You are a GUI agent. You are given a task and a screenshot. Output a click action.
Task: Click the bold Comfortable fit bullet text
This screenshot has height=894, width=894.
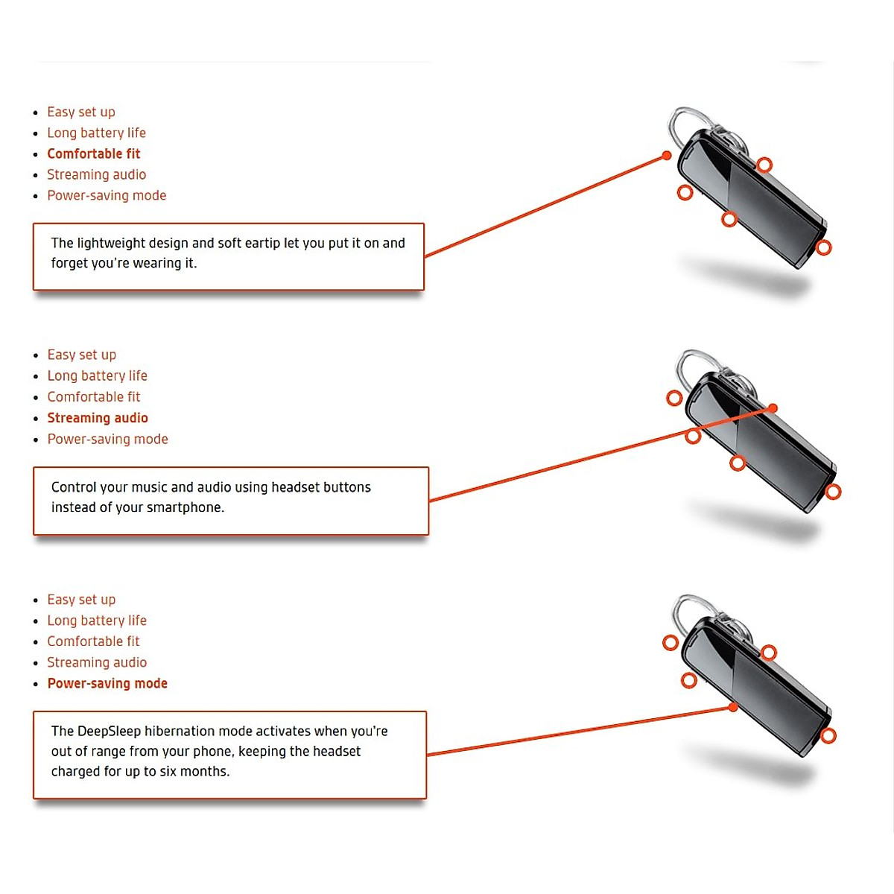tap(93, 153)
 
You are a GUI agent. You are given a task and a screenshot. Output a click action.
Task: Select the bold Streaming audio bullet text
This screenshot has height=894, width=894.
tap(98, 418)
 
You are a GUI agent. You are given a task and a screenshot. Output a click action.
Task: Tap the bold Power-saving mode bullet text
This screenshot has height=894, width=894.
tap(107, 683)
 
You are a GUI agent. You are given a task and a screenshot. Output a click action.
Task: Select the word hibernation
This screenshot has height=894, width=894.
tap(182, 731)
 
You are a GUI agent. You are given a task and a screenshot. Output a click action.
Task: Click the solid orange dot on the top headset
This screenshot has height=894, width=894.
tap(667, 156)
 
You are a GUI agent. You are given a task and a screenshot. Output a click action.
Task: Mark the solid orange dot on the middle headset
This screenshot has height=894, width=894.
tap(773, 408)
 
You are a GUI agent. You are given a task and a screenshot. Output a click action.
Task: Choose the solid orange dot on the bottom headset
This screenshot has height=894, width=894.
tap(733, 707)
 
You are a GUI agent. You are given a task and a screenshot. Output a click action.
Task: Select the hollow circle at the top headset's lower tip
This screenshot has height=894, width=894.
tap(823, 247)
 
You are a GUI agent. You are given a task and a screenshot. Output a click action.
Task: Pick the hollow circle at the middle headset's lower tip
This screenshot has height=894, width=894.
tap(833, 492)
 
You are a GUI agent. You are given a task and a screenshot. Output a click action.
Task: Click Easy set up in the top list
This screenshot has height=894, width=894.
tap(81, 112)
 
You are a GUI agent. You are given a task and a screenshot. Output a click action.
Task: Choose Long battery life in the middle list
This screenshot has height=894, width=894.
tap(97, 375)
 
